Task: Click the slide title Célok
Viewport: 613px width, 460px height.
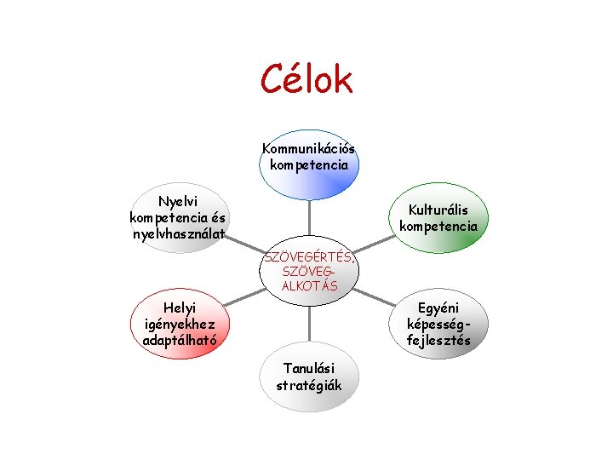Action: click(x=306, y=80)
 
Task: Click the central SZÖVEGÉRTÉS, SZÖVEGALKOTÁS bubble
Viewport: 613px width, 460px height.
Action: click(x=309, y=272)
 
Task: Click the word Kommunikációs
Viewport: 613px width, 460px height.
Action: click(x=309, y=149)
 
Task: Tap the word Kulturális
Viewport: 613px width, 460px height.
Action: click(x=438, y=210)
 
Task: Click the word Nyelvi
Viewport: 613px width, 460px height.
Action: click(x=179, y=202)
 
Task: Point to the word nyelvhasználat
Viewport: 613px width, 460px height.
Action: click(x=179, y=233)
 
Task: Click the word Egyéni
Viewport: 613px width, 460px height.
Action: click(x=438, y=308)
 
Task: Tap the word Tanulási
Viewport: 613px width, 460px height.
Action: click(x=309, y=368)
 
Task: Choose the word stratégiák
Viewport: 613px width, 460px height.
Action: click(x=309, y=385)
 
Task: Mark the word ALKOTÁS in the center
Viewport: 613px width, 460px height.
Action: click(x=309, y=286)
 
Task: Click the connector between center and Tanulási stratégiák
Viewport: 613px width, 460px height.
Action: click(x=309, y=322)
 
